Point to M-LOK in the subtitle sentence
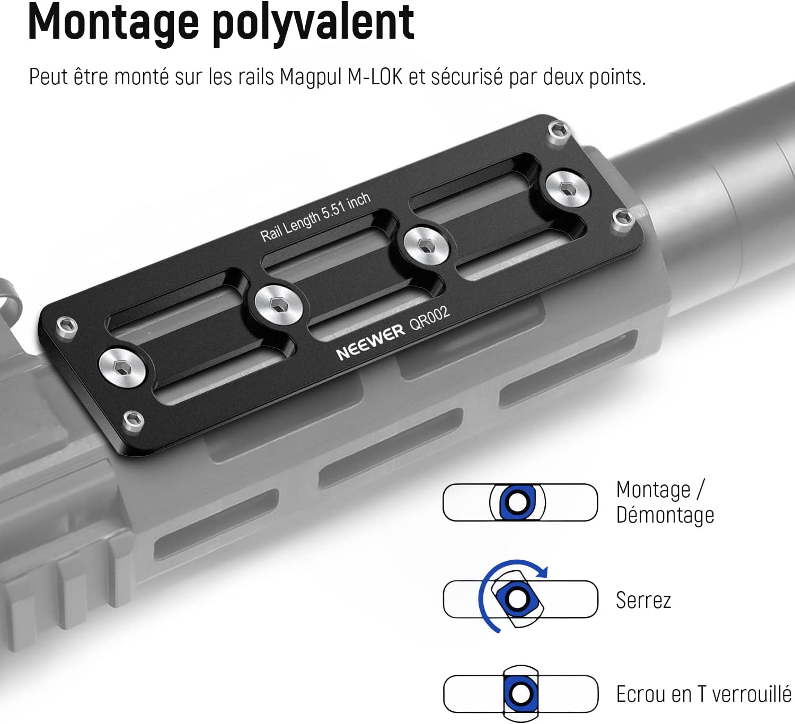click(x=375, y=76)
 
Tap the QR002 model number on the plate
click(x=430, y=317)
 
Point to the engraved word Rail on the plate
click(x=271, y=233)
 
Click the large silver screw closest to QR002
click(x=427, y=246)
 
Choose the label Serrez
click(x=643, y=600)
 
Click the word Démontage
click(x=665, y=515)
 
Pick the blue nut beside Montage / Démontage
click(x=518, y=502)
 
